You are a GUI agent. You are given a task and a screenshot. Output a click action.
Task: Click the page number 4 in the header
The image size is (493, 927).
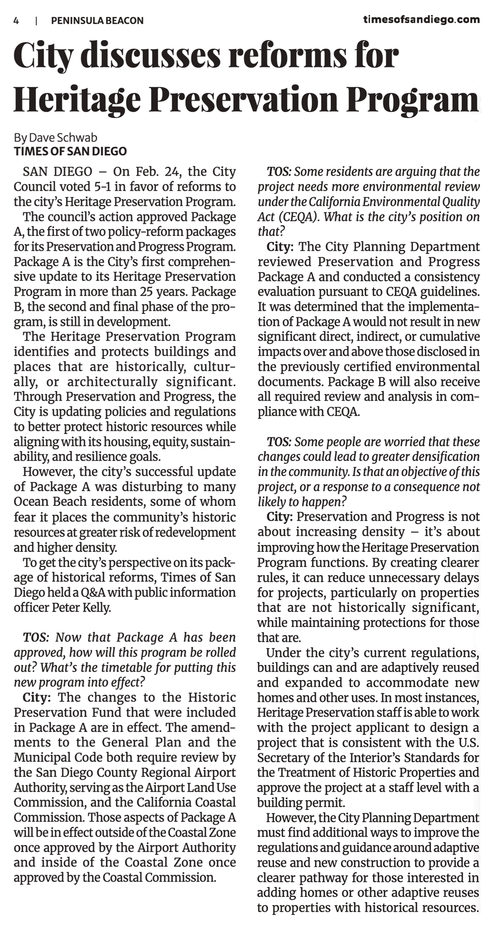pyautogui.click(x=16, y=21)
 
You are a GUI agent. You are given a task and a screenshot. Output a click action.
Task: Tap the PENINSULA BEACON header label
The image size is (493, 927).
pyautogui.click(x=97, y=21)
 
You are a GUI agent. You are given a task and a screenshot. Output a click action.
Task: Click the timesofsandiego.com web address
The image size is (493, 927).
pyautogui.click(x=422, y=20)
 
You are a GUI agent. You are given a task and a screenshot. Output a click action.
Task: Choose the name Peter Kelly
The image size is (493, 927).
pyautogui.click(x=81, y=607)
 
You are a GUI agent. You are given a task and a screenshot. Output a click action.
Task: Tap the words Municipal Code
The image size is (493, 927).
pyautogui.click(x=54, y=757)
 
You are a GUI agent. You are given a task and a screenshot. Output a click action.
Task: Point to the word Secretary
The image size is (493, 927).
pyautogui.click(x=282, y=757)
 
